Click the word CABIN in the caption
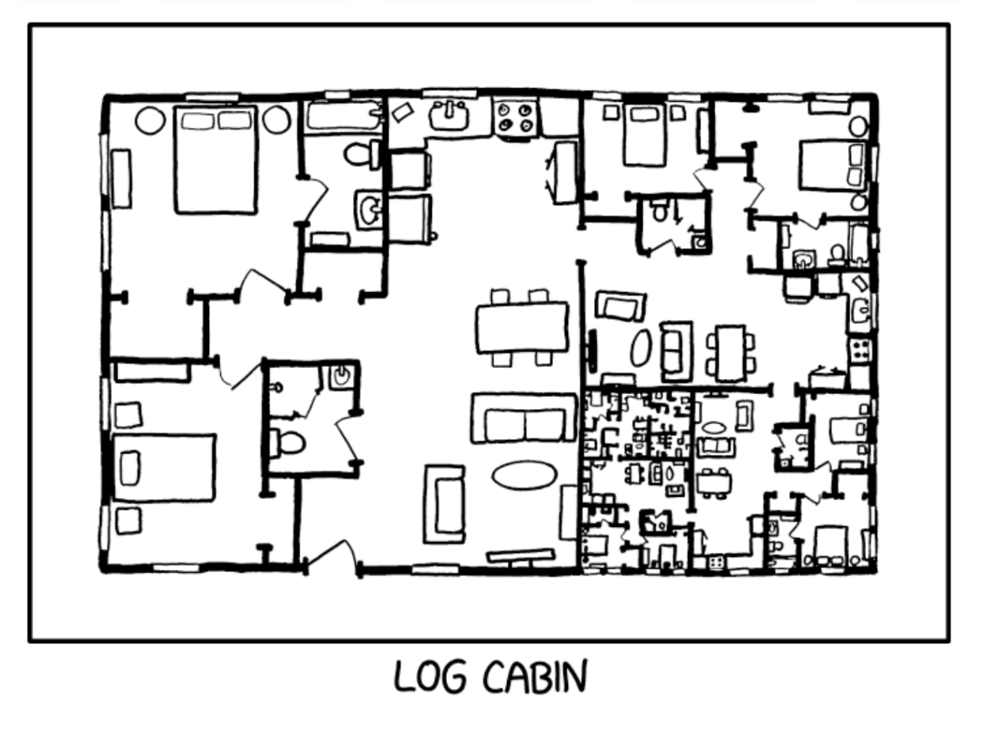(x=536, y=676)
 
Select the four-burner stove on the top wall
(x=515, y=118)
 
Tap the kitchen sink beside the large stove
(x=448, y=115)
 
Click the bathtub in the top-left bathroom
(x=344, y=116)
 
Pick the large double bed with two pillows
(x=216, y=160)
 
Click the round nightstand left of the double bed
(x=151, y=120)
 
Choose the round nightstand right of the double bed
(x=276, y=120)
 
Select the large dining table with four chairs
(x=522, y=328)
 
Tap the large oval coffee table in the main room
(x=524, y=475)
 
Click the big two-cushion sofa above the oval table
(x=524, y=418)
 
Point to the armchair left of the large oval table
(x=444, y=504)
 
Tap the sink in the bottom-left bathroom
(x=341, y=376)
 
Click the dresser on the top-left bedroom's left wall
(x=121, y=179)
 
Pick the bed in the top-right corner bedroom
(x=833, y=166)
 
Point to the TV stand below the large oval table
(x=520, y=556)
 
